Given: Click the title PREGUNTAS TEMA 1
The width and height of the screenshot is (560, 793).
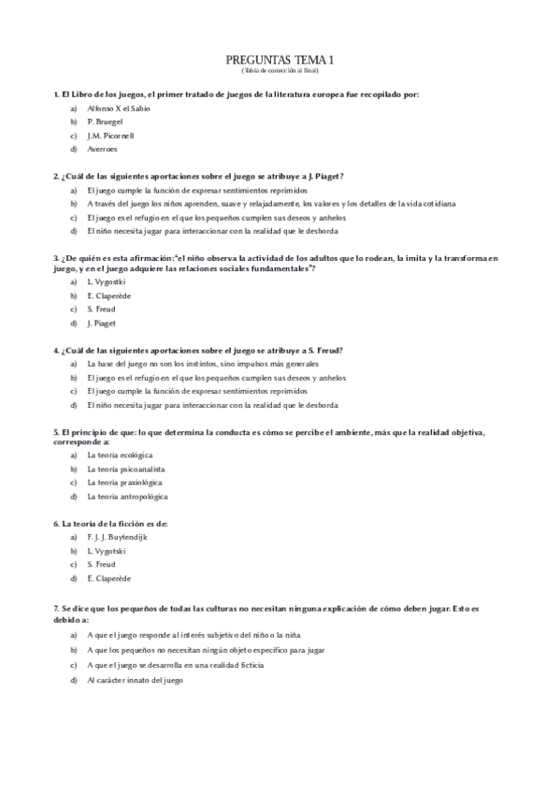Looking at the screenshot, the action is [280, 60].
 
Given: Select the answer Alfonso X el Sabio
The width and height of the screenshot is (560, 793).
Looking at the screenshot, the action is [118, 108].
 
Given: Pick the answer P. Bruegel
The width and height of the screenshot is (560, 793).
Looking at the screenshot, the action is [104, 122].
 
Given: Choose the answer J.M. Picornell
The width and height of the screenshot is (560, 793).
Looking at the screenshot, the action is [110, 136].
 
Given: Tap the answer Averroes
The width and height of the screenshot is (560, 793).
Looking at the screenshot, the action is [102, 150].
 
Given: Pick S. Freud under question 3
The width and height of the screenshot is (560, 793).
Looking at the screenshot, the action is [100, 310].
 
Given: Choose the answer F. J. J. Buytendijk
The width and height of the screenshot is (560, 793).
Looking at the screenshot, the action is [117, 537].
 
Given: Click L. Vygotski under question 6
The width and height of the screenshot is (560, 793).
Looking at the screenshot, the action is [105, 551].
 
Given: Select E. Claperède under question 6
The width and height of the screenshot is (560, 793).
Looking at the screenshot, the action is [108, 579].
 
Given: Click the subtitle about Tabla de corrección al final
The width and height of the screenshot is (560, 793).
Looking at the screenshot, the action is [280, 70].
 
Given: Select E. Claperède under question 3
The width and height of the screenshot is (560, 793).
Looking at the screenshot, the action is [108, 296].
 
